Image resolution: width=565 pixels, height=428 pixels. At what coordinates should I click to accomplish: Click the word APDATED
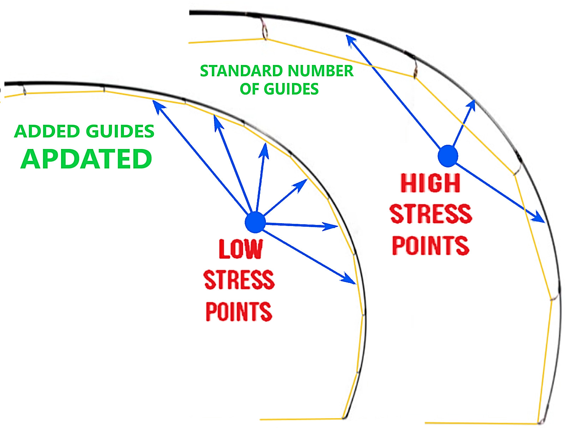(x=86, y=159)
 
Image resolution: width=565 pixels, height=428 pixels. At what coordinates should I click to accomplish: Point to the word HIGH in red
(x=430, y=183)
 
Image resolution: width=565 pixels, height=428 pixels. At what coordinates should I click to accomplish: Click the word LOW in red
(x=241, y=249)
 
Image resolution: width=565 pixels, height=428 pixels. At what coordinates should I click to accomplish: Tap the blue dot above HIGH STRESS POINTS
(x=448, y=156)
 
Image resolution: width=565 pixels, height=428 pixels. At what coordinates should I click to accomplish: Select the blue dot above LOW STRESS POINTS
(x=255, y=222)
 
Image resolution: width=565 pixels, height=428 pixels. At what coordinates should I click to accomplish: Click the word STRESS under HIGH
(x=431, y=214)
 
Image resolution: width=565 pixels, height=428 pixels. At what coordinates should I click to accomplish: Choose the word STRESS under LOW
(x=239, y=280)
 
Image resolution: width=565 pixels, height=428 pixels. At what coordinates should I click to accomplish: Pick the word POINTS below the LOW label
(x=239, y=311)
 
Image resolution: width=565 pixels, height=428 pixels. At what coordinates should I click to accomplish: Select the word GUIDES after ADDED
(x=120, y=131)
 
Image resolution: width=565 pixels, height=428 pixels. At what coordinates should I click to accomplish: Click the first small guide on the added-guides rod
(x=24, y=90)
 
